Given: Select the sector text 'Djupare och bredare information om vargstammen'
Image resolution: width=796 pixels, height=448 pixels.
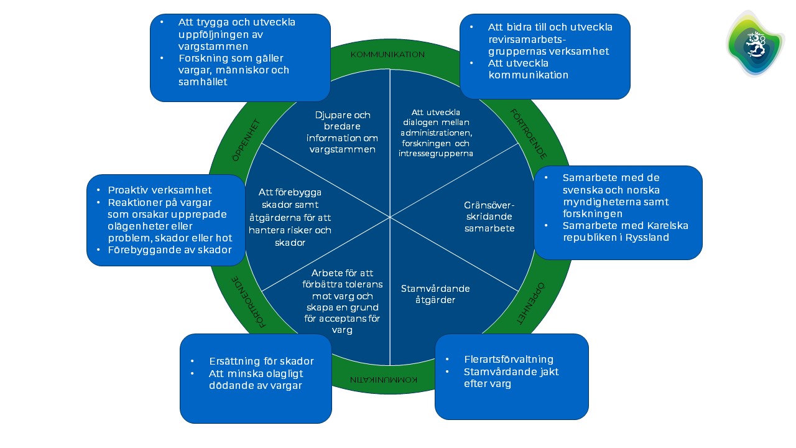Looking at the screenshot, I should click(x=343, y=132).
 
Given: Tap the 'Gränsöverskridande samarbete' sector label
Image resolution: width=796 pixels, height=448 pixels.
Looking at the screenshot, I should click(x=489, y=217).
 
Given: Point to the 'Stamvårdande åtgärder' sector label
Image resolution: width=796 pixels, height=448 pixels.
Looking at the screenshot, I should click(x=435, y=294).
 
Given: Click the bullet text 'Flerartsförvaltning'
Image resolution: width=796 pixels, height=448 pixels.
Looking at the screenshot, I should click(x=508, y=360).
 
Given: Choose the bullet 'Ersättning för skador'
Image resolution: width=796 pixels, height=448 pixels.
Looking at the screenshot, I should click(x=261, y=361).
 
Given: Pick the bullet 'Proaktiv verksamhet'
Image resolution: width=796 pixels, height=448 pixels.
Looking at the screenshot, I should click(x=160, y=190).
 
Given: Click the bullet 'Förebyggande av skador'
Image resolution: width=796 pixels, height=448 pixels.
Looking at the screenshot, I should click(x=170, y=250).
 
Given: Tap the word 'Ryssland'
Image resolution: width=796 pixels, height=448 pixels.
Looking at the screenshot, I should click(x=648, y=237).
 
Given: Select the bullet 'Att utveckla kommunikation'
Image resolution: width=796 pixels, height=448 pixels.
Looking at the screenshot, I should click(x=528, y=69).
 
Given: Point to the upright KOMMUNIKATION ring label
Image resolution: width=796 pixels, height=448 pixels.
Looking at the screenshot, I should click(x=387, y=55).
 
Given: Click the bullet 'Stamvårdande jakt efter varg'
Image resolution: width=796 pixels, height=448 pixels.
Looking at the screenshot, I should click(x=511, y=378).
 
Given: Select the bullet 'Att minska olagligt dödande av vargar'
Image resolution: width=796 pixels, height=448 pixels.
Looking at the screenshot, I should click(x=256, y=379).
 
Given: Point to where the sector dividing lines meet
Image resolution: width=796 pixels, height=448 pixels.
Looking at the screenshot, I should click(x=390, y=217).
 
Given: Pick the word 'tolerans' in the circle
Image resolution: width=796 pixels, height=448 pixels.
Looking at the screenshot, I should click(x=361, y=284).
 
